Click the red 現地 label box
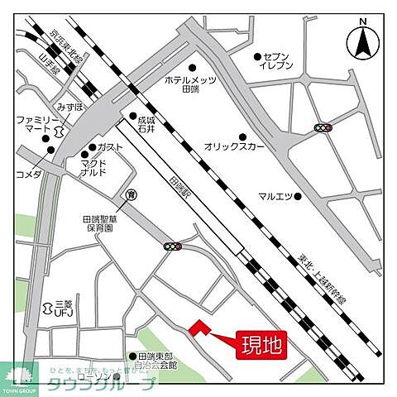coord(261,345)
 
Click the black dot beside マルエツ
coord(299,196)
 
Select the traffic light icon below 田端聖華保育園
coord(173,246)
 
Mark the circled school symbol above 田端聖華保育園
coord(131,194)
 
